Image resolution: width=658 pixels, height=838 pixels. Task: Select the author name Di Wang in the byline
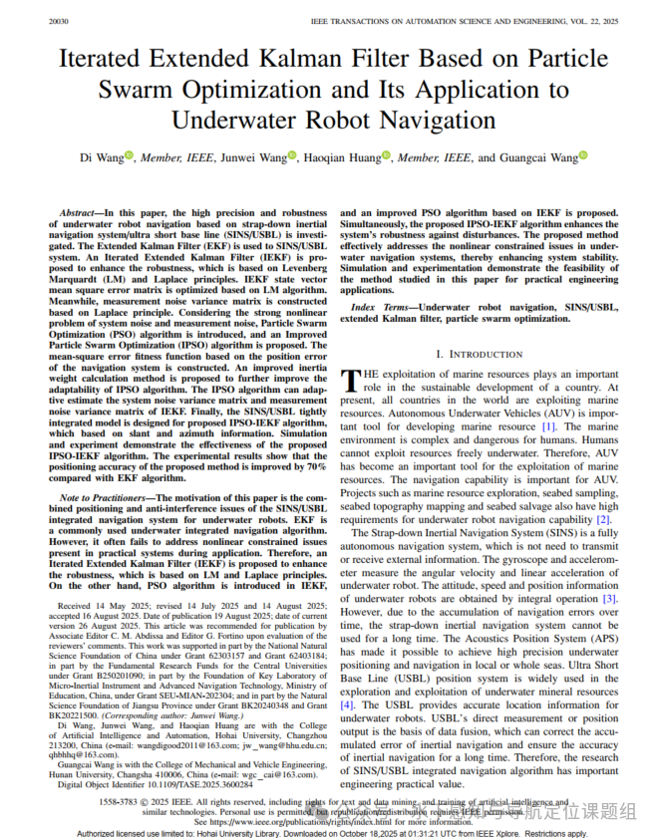100,157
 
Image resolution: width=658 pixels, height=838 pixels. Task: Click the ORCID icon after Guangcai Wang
583,155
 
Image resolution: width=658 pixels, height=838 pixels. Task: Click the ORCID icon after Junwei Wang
293,155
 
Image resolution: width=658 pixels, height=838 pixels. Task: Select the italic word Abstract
81,214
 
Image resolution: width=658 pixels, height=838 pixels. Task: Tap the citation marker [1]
548,426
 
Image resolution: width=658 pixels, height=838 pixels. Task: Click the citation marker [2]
603,519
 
